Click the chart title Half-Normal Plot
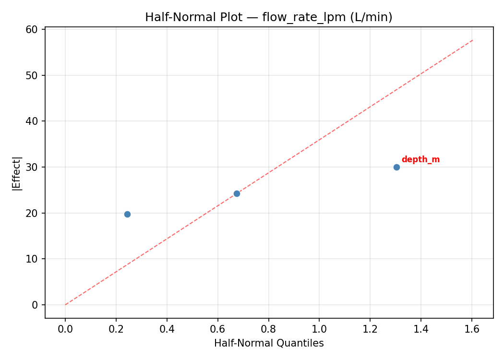pos(269,17)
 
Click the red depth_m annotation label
pos(420,160)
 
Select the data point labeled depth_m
pos(396,167)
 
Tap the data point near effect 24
pos(237,193)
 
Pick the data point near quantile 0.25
pos(127,214)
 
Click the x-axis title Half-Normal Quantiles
pos(269,343)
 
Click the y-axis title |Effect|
pos(17,173)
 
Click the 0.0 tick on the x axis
pos(65,329)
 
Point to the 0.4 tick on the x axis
pos(167,329)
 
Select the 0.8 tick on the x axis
pos(268,329)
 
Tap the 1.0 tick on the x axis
pos(319,329)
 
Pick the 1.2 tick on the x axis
pos(370,329)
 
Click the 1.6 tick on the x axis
pos(472,329)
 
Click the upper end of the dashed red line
pos(473,40)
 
